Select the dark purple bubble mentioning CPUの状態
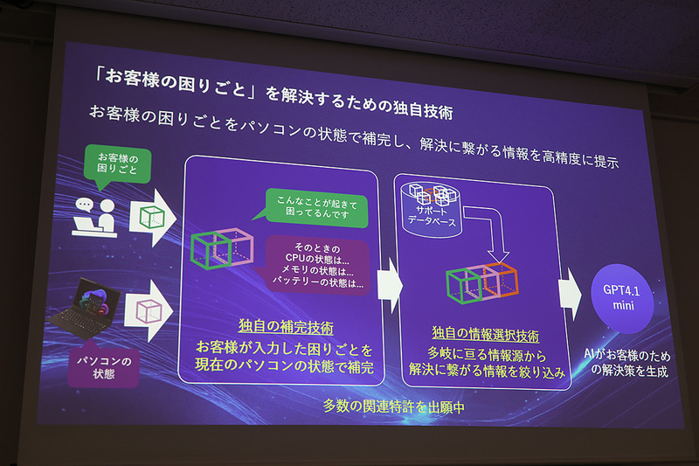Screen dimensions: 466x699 316,261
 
